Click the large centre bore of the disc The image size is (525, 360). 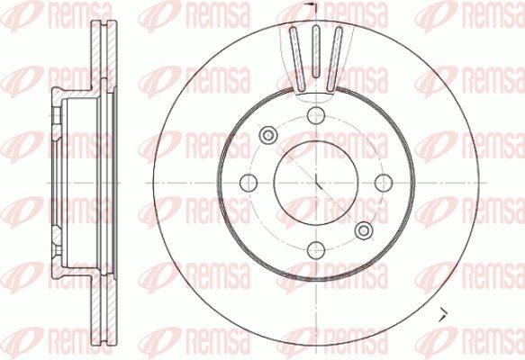click(x=316, y=183)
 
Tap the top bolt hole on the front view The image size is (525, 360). click(x=316, y=115)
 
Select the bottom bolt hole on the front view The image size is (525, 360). click(x=316, y=250)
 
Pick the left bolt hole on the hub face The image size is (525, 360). click(x=249, y=183)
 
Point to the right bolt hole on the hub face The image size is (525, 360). click(x=384, y=183)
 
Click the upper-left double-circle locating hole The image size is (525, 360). click(x=268, y=135)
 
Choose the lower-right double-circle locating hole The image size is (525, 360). click(x=364, y=230)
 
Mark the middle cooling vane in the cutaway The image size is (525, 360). click(x=316, y=51)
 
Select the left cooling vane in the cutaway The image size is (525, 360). click(x=297, y=58)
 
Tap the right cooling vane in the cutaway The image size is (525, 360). click(x=334, y=58)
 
